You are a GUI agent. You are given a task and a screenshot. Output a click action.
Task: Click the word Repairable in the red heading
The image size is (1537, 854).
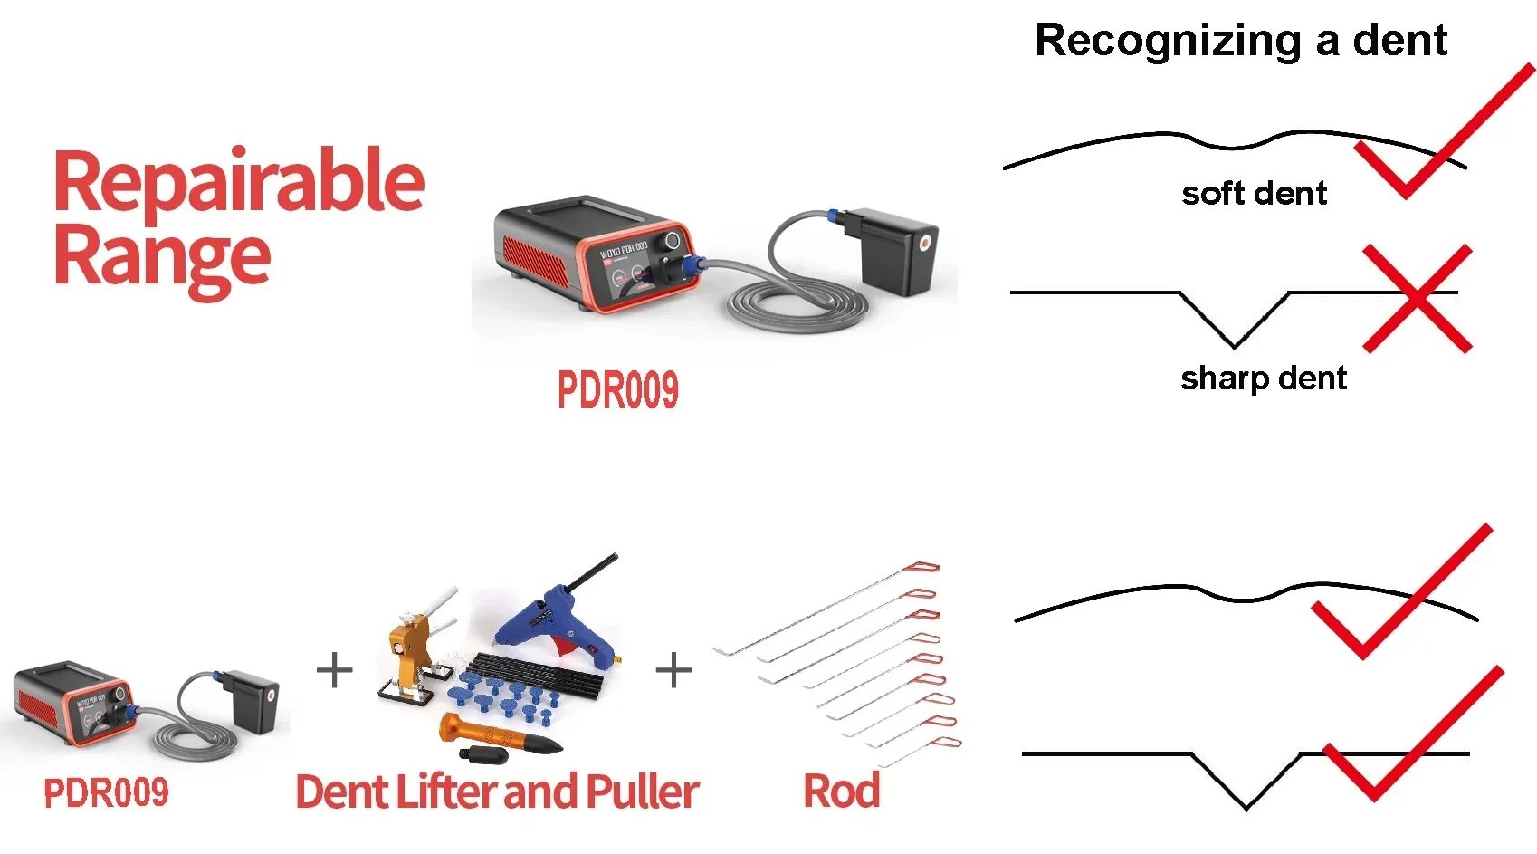coord(239,181)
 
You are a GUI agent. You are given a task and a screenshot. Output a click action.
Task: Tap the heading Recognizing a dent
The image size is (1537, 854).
coord(1241,41)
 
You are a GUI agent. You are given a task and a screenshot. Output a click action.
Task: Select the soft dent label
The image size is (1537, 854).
coord(1254,193)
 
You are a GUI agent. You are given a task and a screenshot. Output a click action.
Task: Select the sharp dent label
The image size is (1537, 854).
coord(1264,378)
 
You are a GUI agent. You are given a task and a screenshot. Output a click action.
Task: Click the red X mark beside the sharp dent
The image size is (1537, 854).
coord(1418,298)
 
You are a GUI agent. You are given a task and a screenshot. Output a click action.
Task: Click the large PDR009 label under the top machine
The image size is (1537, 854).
coord(617,390)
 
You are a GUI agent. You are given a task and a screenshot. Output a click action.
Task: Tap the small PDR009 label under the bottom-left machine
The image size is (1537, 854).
coord(106,792)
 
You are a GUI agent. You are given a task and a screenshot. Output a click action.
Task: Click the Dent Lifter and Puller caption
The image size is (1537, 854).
coord(497,792)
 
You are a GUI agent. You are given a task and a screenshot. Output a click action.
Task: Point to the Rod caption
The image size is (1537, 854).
coord(842,791)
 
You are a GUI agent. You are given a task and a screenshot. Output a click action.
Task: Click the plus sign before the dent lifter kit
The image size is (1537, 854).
coord(335,671)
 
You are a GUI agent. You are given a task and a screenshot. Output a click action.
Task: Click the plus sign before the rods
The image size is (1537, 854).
coord(673,671)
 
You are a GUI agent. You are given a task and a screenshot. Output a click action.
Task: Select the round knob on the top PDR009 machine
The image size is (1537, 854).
coord(672,241)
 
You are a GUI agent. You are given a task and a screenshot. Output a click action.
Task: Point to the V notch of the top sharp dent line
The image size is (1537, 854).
coord(1234,340)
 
